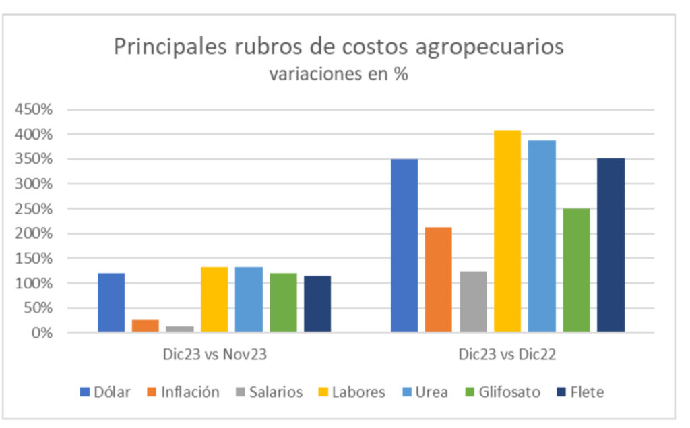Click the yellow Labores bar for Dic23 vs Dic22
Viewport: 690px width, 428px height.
pos(507,231)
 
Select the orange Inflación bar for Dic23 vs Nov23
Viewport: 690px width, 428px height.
pos(145,326)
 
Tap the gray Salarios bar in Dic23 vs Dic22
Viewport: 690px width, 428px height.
pos(473,301)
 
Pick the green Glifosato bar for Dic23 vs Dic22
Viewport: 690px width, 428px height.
pos(576,270)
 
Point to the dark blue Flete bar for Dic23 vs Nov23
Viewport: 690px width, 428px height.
pos(317,303)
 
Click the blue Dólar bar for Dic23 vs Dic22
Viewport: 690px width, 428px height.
pos(404,245)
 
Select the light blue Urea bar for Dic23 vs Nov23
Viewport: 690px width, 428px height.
pos(249,299)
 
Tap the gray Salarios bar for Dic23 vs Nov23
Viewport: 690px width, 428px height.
pos(180,329)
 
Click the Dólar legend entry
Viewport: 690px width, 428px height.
pos(105,392)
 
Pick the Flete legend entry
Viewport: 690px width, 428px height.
pos(579,392)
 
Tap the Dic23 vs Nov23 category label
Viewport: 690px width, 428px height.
pos(214,355)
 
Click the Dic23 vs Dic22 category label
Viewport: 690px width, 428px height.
pos(507,355)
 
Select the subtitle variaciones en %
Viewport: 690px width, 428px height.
pos(338,73)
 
